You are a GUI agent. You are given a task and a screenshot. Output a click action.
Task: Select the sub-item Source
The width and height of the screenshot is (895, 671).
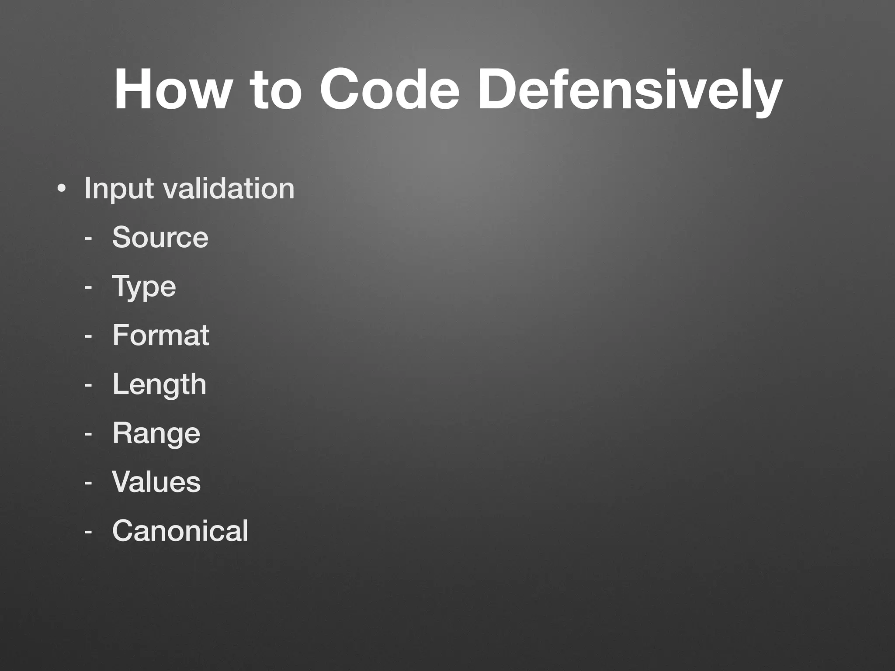pyautogui.click(x=160, y=237)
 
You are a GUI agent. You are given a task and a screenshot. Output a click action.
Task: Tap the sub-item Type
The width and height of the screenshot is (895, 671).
pyautogui.click(x=144, y=287)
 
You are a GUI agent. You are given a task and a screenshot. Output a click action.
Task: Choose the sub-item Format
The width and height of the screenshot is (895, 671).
pyautogui.click(x=161, y=335)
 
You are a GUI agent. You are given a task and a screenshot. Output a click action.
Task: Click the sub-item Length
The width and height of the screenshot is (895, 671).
pyautogui.click(x=159, y=384)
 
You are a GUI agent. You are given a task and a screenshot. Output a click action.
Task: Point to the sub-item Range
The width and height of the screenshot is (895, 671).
pyautogui.click(x=156, y=433)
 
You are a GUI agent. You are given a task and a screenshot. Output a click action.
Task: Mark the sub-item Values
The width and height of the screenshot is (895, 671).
pyautogui.click(x=156, y=482)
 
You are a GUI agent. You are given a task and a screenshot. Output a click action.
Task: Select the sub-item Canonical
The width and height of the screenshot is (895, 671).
pyautogui.click(x=180, y=531)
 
